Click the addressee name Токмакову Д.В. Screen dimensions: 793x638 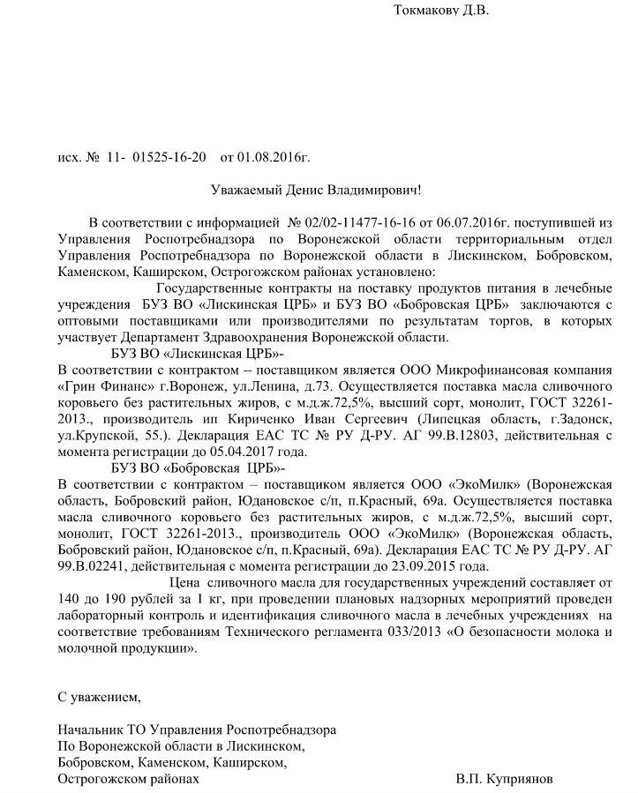coord(439,11)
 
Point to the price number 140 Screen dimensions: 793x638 coord(69,599)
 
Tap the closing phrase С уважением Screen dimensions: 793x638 coord(99,697)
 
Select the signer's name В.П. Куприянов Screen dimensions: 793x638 coord(507,780)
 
